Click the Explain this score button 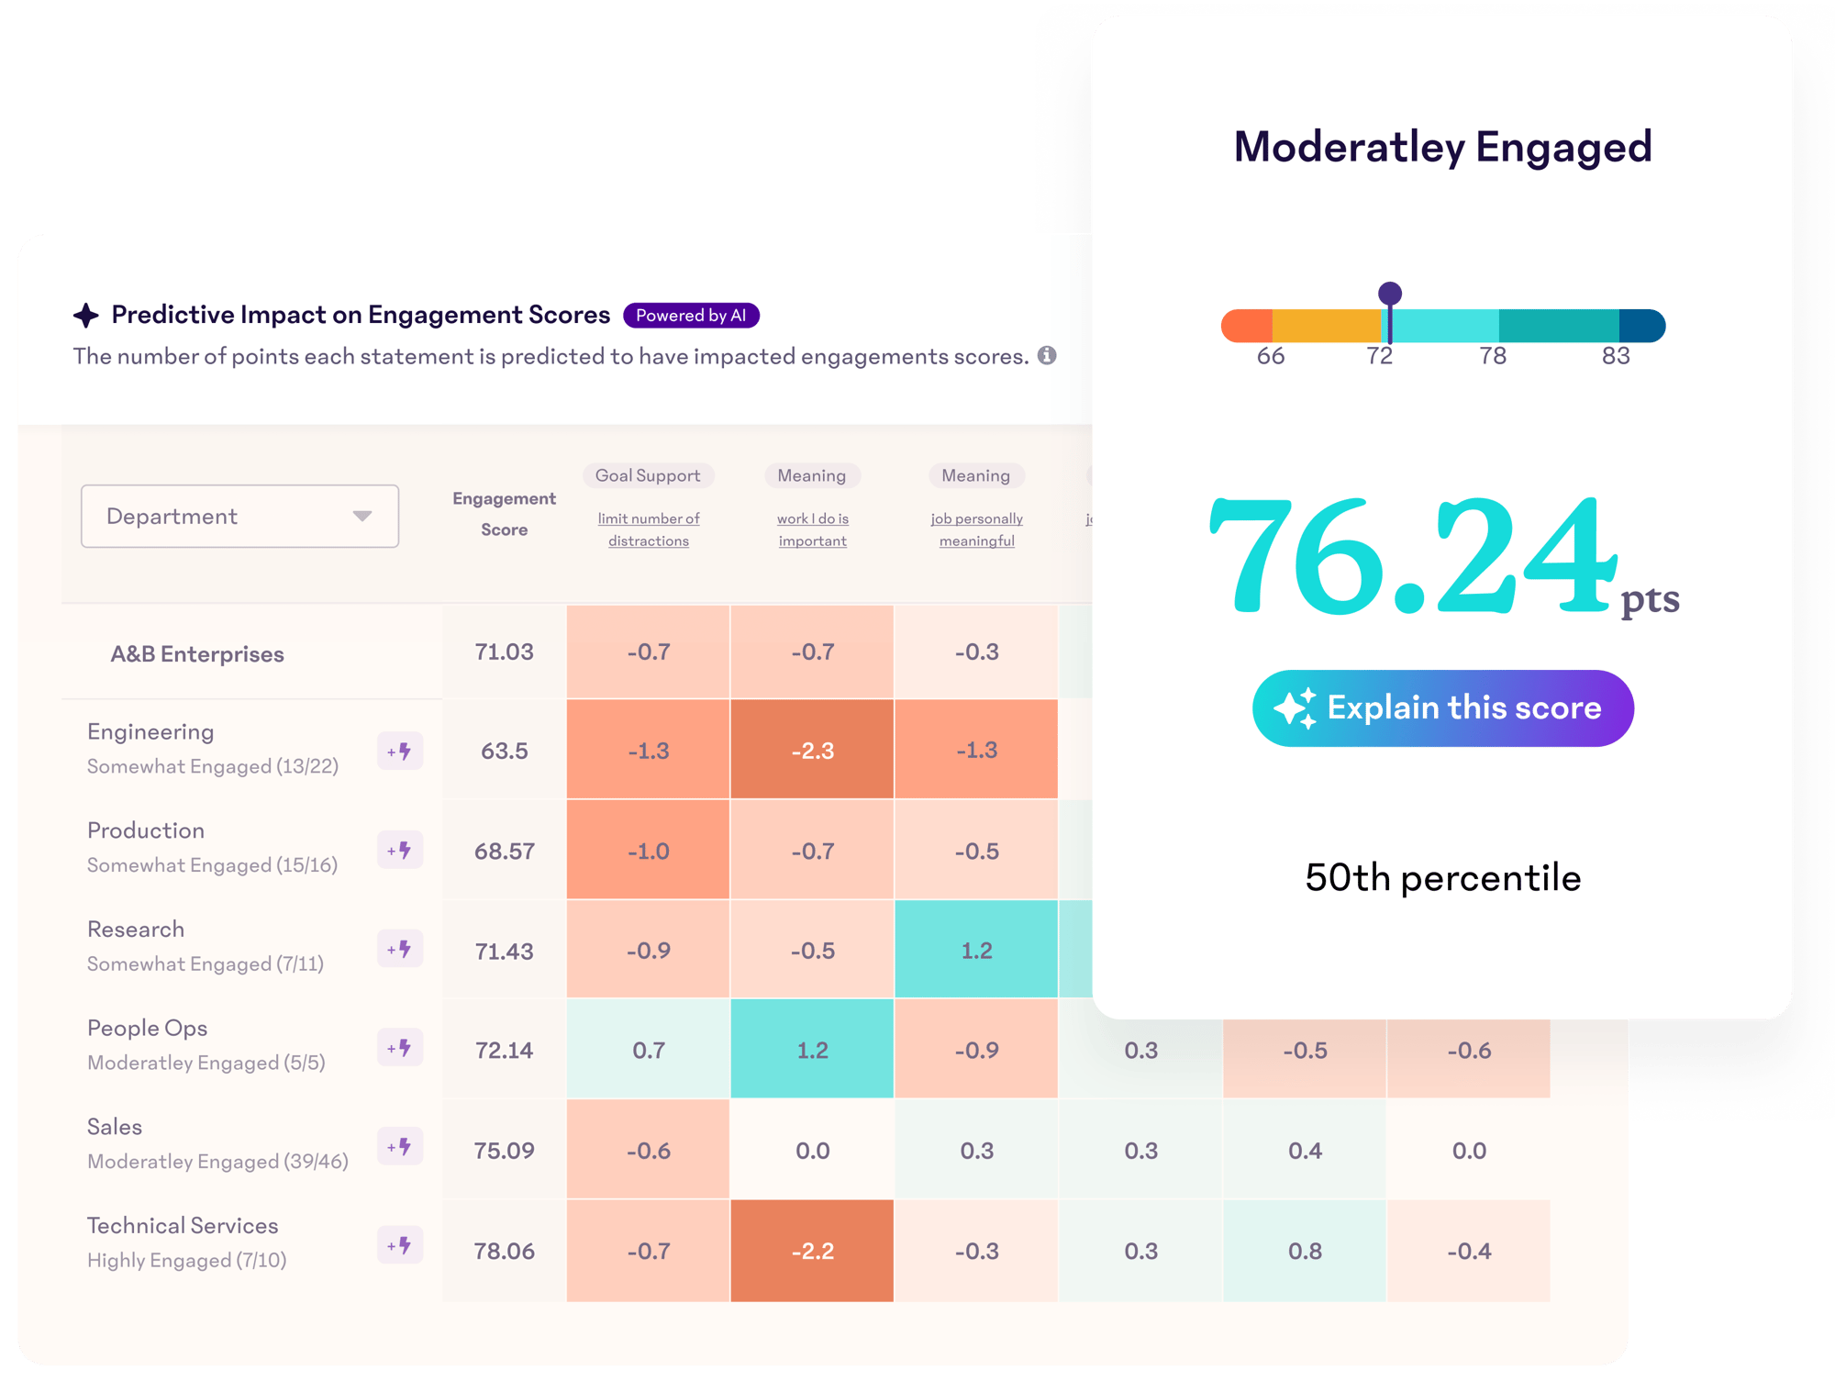1442,708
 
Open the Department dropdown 239,517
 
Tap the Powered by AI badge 691,316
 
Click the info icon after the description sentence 1047,356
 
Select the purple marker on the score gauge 1390,295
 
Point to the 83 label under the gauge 1616,356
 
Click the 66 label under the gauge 1271,356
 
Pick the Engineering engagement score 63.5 505,751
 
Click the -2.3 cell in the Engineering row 812,751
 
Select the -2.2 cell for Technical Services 812,1251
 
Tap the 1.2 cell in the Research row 976,951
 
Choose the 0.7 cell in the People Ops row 649,1050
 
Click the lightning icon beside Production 400,851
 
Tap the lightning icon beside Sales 400,1147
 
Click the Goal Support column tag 648,475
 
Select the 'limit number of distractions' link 649,530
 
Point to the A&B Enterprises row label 197,654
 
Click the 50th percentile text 1442,878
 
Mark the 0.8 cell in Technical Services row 1305,1251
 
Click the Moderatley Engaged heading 1442,147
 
